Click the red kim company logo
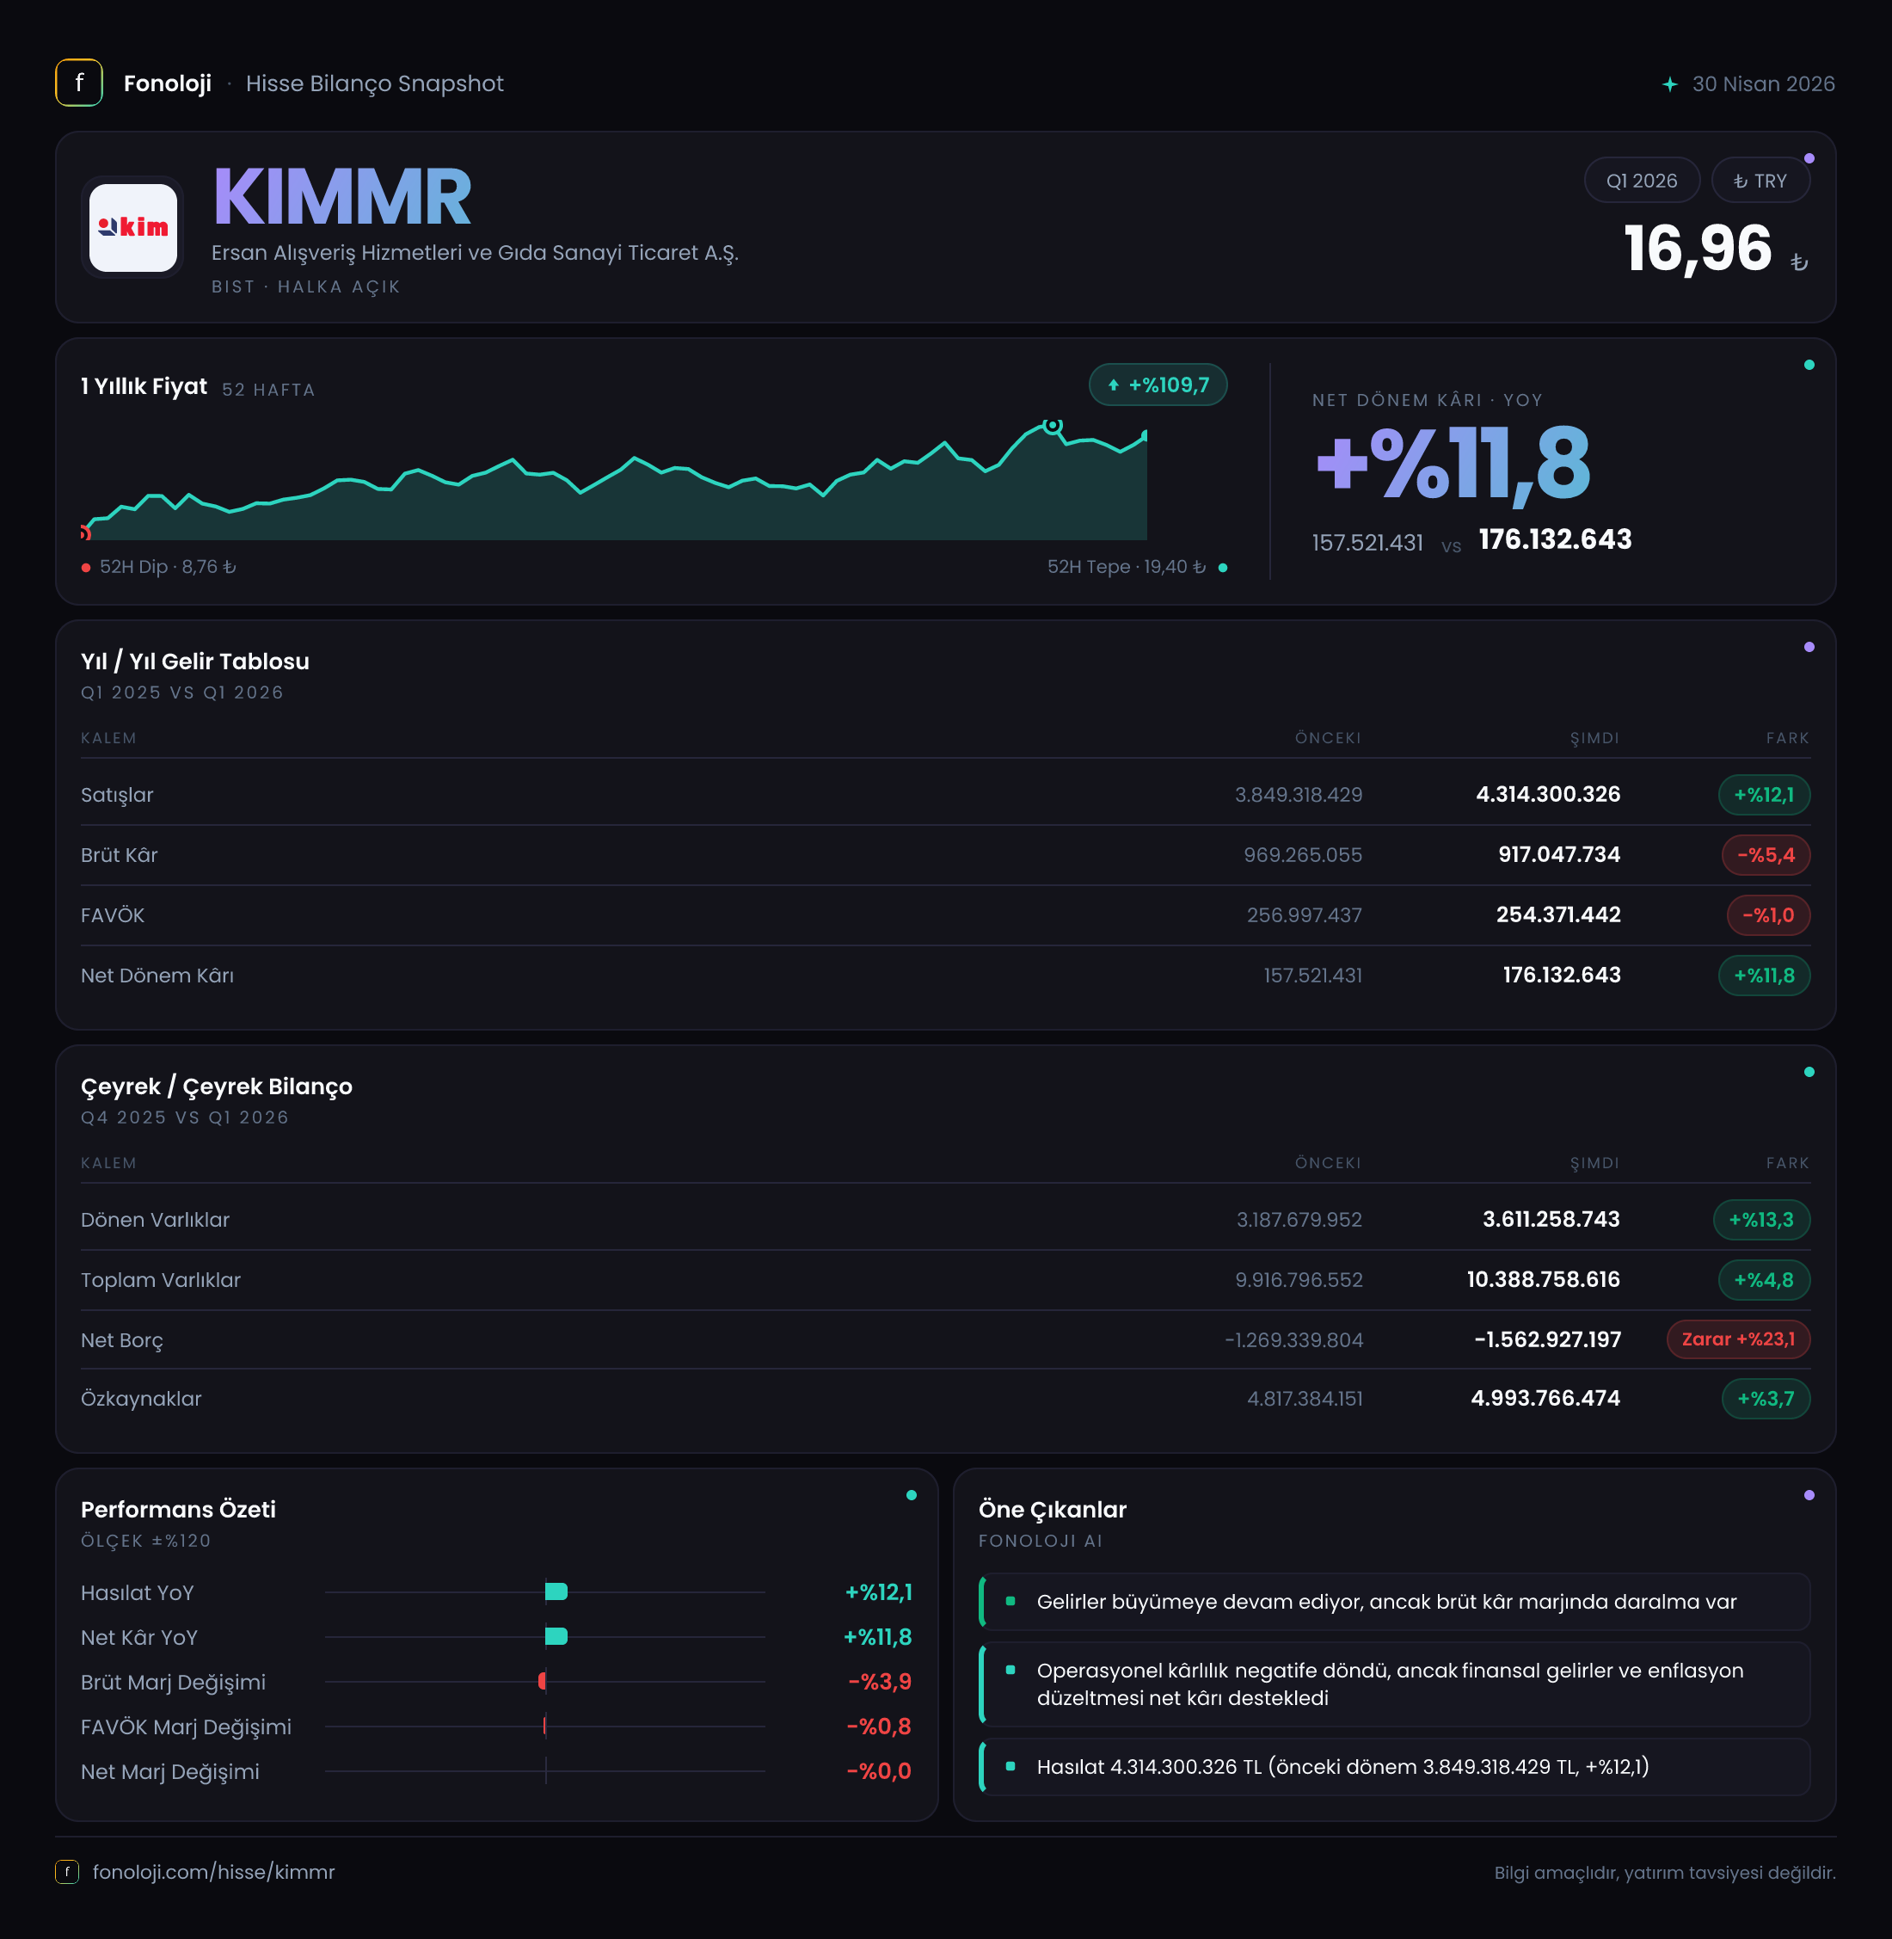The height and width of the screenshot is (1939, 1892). [133, 228]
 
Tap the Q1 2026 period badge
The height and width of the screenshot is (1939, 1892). [1642, 181]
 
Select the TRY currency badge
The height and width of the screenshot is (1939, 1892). [1760, 181]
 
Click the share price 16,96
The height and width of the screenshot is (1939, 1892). [1698, 249]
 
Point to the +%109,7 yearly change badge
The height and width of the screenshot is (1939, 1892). [1158, 385]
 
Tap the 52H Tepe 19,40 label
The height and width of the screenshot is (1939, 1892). [1126, 567]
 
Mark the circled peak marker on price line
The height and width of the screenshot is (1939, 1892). [1053, 425]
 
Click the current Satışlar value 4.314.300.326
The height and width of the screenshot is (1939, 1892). [1548, 794]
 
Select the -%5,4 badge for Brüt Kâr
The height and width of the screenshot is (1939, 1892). [1766, 855]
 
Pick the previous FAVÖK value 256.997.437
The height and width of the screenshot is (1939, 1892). [1305, 915]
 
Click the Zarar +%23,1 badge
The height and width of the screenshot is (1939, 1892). [1738, 1339]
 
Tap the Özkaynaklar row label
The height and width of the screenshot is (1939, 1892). [141, 1399]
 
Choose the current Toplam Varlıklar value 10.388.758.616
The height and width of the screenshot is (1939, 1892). [1543, 1279]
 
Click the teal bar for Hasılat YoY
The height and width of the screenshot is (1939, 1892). [556, 1592]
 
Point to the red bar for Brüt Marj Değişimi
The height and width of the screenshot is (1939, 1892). [543, 1682]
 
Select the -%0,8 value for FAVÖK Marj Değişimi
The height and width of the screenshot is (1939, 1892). [878, 1727]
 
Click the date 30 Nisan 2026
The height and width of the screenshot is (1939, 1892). [1764, 83]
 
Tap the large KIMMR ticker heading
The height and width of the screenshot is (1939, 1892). [341, 197]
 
